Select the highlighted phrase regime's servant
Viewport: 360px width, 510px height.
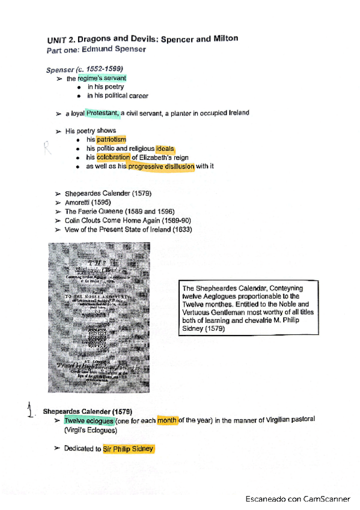click(102, 78)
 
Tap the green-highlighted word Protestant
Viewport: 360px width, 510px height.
click(103, 113)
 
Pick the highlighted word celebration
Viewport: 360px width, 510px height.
click(113, 158)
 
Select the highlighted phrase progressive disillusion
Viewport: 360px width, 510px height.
click(161, 167)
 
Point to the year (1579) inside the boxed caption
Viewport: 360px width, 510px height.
click(215, 329)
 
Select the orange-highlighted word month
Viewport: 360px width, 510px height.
click(166, 420)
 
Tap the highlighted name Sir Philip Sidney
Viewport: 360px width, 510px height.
click(128, 449)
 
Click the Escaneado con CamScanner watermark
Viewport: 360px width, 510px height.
click(297, 499)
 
